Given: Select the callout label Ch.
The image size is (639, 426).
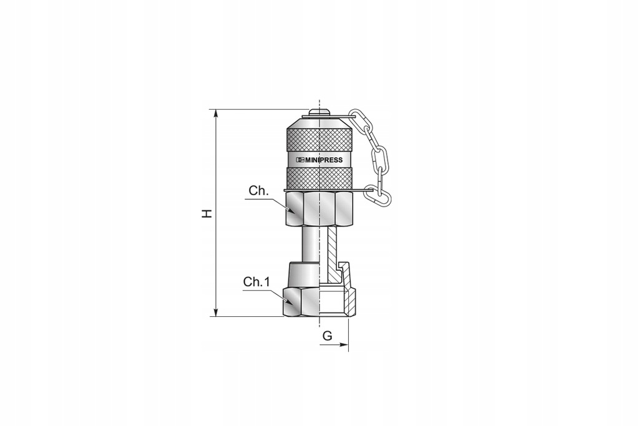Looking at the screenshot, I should click(259, 191).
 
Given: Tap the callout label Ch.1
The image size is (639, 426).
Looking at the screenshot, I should click(256, 282).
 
